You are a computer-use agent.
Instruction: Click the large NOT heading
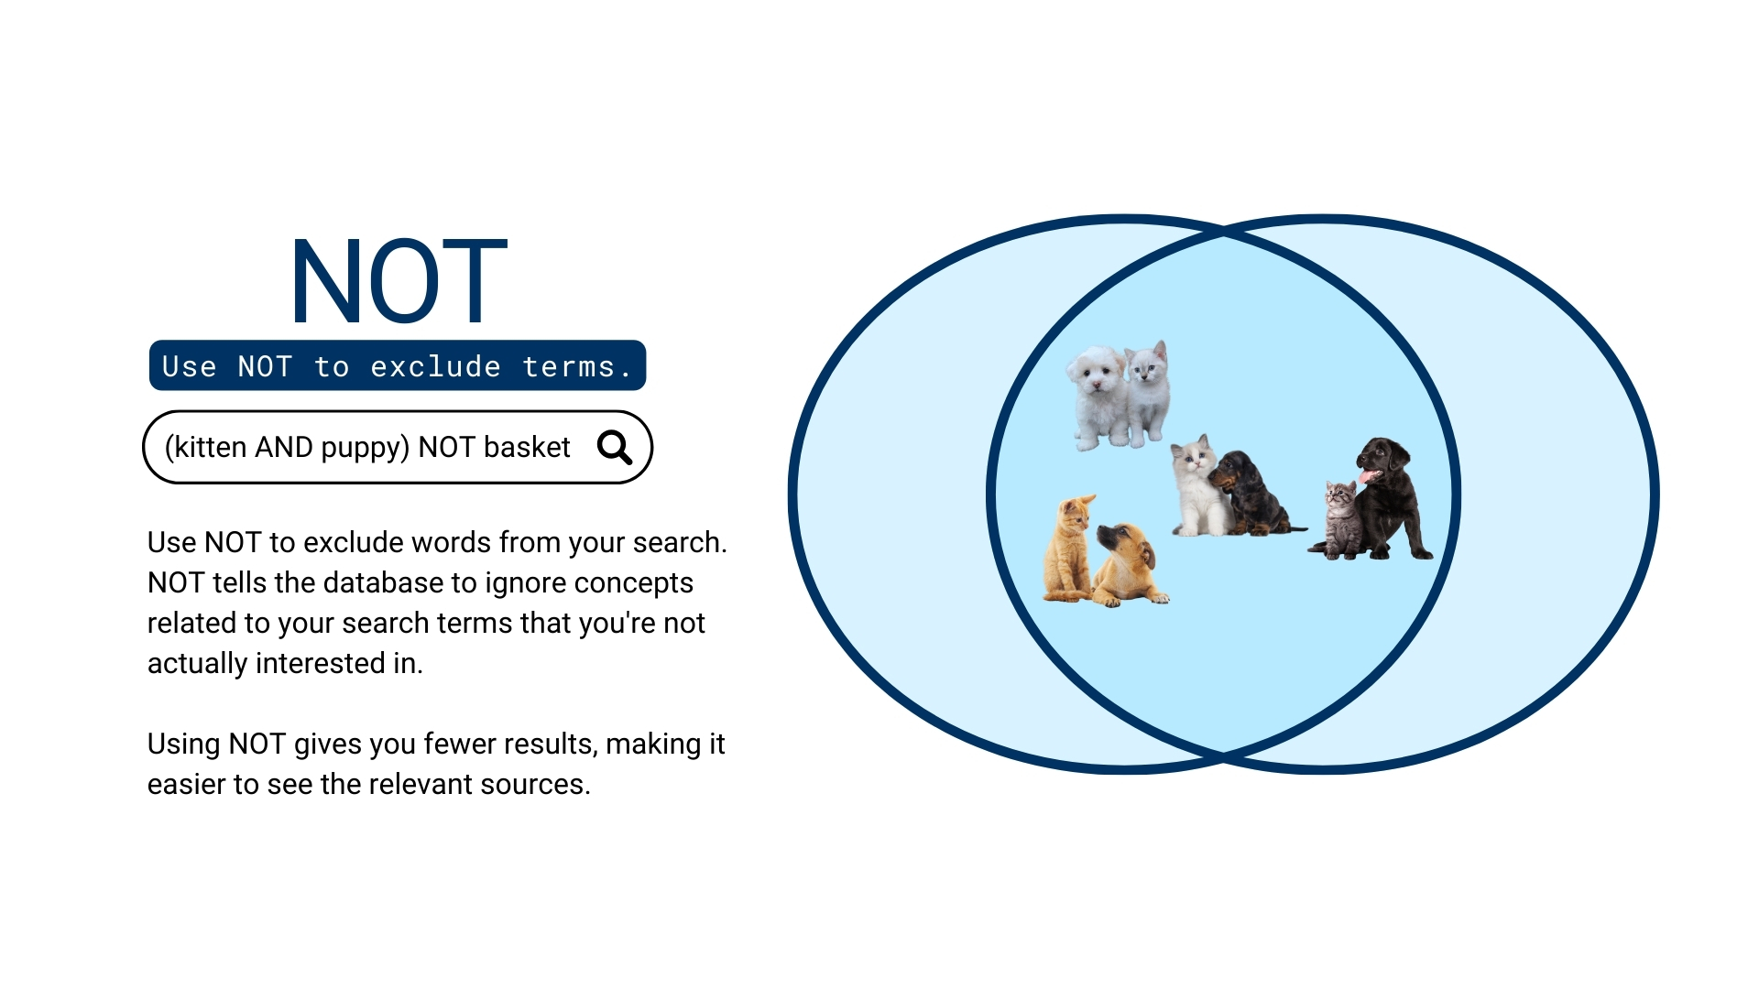tap(399, 281)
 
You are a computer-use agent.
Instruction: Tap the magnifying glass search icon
tap(614, 447)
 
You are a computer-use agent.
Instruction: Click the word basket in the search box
tap(527, 447)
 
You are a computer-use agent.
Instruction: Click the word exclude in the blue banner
tap(435, 366)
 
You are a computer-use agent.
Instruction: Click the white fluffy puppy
tap(1098, 396)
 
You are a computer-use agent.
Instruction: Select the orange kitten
tap(1068, 549)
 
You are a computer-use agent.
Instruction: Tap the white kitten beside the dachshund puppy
tap(1196, 485)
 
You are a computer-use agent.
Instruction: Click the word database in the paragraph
tap(399, 582)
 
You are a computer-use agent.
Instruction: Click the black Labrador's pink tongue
tap(1368, 476)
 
